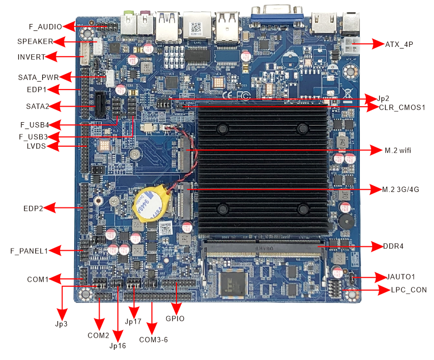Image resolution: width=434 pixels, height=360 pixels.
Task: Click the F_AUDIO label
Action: (x=45, y=26)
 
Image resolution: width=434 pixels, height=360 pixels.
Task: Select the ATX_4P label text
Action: (x=399, y=44)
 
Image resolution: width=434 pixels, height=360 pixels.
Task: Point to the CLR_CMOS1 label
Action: (x=403, y=107)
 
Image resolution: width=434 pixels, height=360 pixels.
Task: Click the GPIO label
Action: (x=175, y=319)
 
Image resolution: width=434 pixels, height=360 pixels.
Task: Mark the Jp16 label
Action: (x=118, y=346)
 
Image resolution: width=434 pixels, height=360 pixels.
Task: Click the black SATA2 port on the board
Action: (x=100, y=105)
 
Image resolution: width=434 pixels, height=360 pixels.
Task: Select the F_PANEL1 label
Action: (x=29, y=250)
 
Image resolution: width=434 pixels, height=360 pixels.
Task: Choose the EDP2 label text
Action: (x=34, y=207)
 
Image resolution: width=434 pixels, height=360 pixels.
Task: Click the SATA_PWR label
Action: (x=37, y=77)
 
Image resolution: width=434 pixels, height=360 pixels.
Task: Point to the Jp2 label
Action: (x=383, y=99)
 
